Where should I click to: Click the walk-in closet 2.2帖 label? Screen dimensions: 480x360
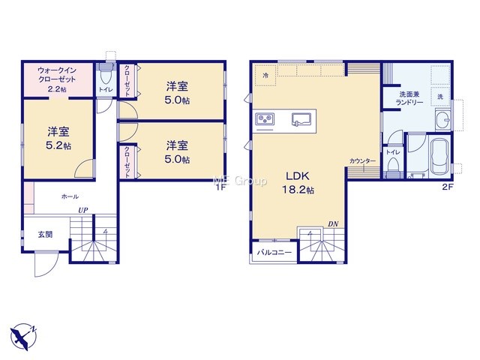coord(57,79)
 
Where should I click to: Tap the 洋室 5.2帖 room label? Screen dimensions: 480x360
coord(58,138)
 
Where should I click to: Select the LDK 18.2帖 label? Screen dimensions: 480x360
coord(298,183)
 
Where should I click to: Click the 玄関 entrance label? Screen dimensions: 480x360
coord(45,235)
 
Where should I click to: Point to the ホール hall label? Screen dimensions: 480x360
coord(70,196)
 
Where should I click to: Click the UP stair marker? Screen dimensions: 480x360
coord(83,210)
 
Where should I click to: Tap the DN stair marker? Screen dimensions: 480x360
coord(333,224)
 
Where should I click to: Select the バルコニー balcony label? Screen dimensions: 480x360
coord(274,253)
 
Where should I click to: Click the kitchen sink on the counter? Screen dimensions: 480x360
coord(301,119)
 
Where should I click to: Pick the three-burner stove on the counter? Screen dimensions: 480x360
coord(265,118)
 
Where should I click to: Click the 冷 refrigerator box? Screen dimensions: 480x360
coord(265,75)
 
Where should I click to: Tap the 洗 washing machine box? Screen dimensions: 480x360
coord(440,97)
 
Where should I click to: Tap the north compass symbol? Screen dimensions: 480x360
coord(23,336)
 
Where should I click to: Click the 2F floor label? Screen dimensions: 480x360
coord(447,187)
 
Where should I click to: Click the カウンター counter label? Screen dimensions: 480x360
coord(362,161)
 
